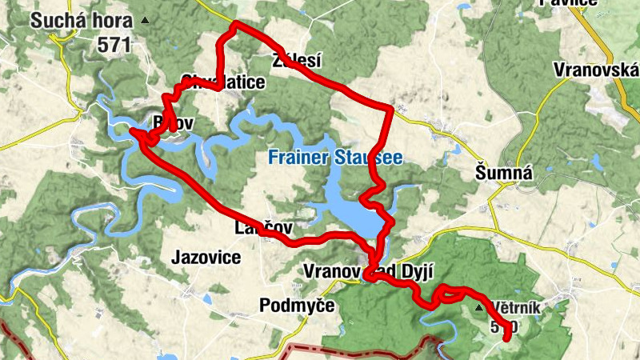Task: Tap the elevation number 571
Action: (114, 45)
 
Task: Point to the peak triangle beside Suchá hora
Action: (144, 19)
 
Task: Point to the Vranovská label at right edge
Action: (599, 70)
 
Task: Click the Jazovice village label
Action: (206, 258)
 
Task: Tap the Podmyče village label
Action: (297, 305)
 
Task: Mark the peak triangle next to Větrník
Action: (479, 307)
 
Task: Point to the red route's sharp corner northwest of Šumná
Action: (391, 107)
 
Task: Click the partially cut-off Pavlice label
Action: (569, 2)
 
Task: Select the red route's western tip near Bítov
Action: (131, 128)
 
